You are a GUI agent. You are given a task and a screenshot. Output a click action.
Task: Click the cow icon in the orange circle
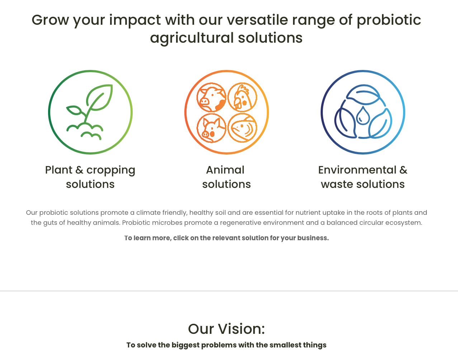pos(211,97)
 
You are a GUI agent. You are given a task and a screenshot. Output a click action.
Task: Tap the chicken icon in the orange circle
pos(242,97)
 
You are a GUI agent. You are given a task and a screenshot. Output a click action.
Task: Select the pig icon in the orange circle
pos(211,128)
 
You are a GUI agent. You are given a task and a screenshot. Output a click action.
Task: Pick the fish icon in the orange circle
pos(242,128)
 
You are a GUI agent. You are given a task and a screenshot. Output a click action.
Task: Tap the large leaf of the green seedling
pos(100,97)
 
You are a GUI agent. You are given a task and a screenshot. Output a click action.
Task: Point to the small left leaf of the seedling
pos(74,110)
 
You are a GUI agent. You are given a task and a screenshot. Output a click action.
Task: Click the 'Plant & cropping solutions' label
pos(90,177)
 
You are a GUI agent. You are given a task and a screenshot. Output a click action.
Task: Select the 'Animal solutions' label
pos(226,177)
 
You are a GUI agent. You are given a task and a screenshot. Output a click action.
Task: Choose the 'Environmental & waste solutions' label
pos(363,177)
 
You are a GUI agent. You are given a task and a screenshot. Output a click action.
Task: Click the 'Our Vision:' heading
pos(226,329)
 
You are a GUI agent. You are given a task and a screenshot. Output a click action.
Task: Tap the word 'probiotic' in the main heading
pos(389,20)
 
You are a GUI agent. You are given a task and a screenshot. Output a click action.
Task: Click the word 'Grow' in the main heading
pos(50,20)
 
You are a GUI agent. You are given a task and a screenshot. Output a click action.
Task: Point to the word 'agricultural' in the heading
pos(192,38)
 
